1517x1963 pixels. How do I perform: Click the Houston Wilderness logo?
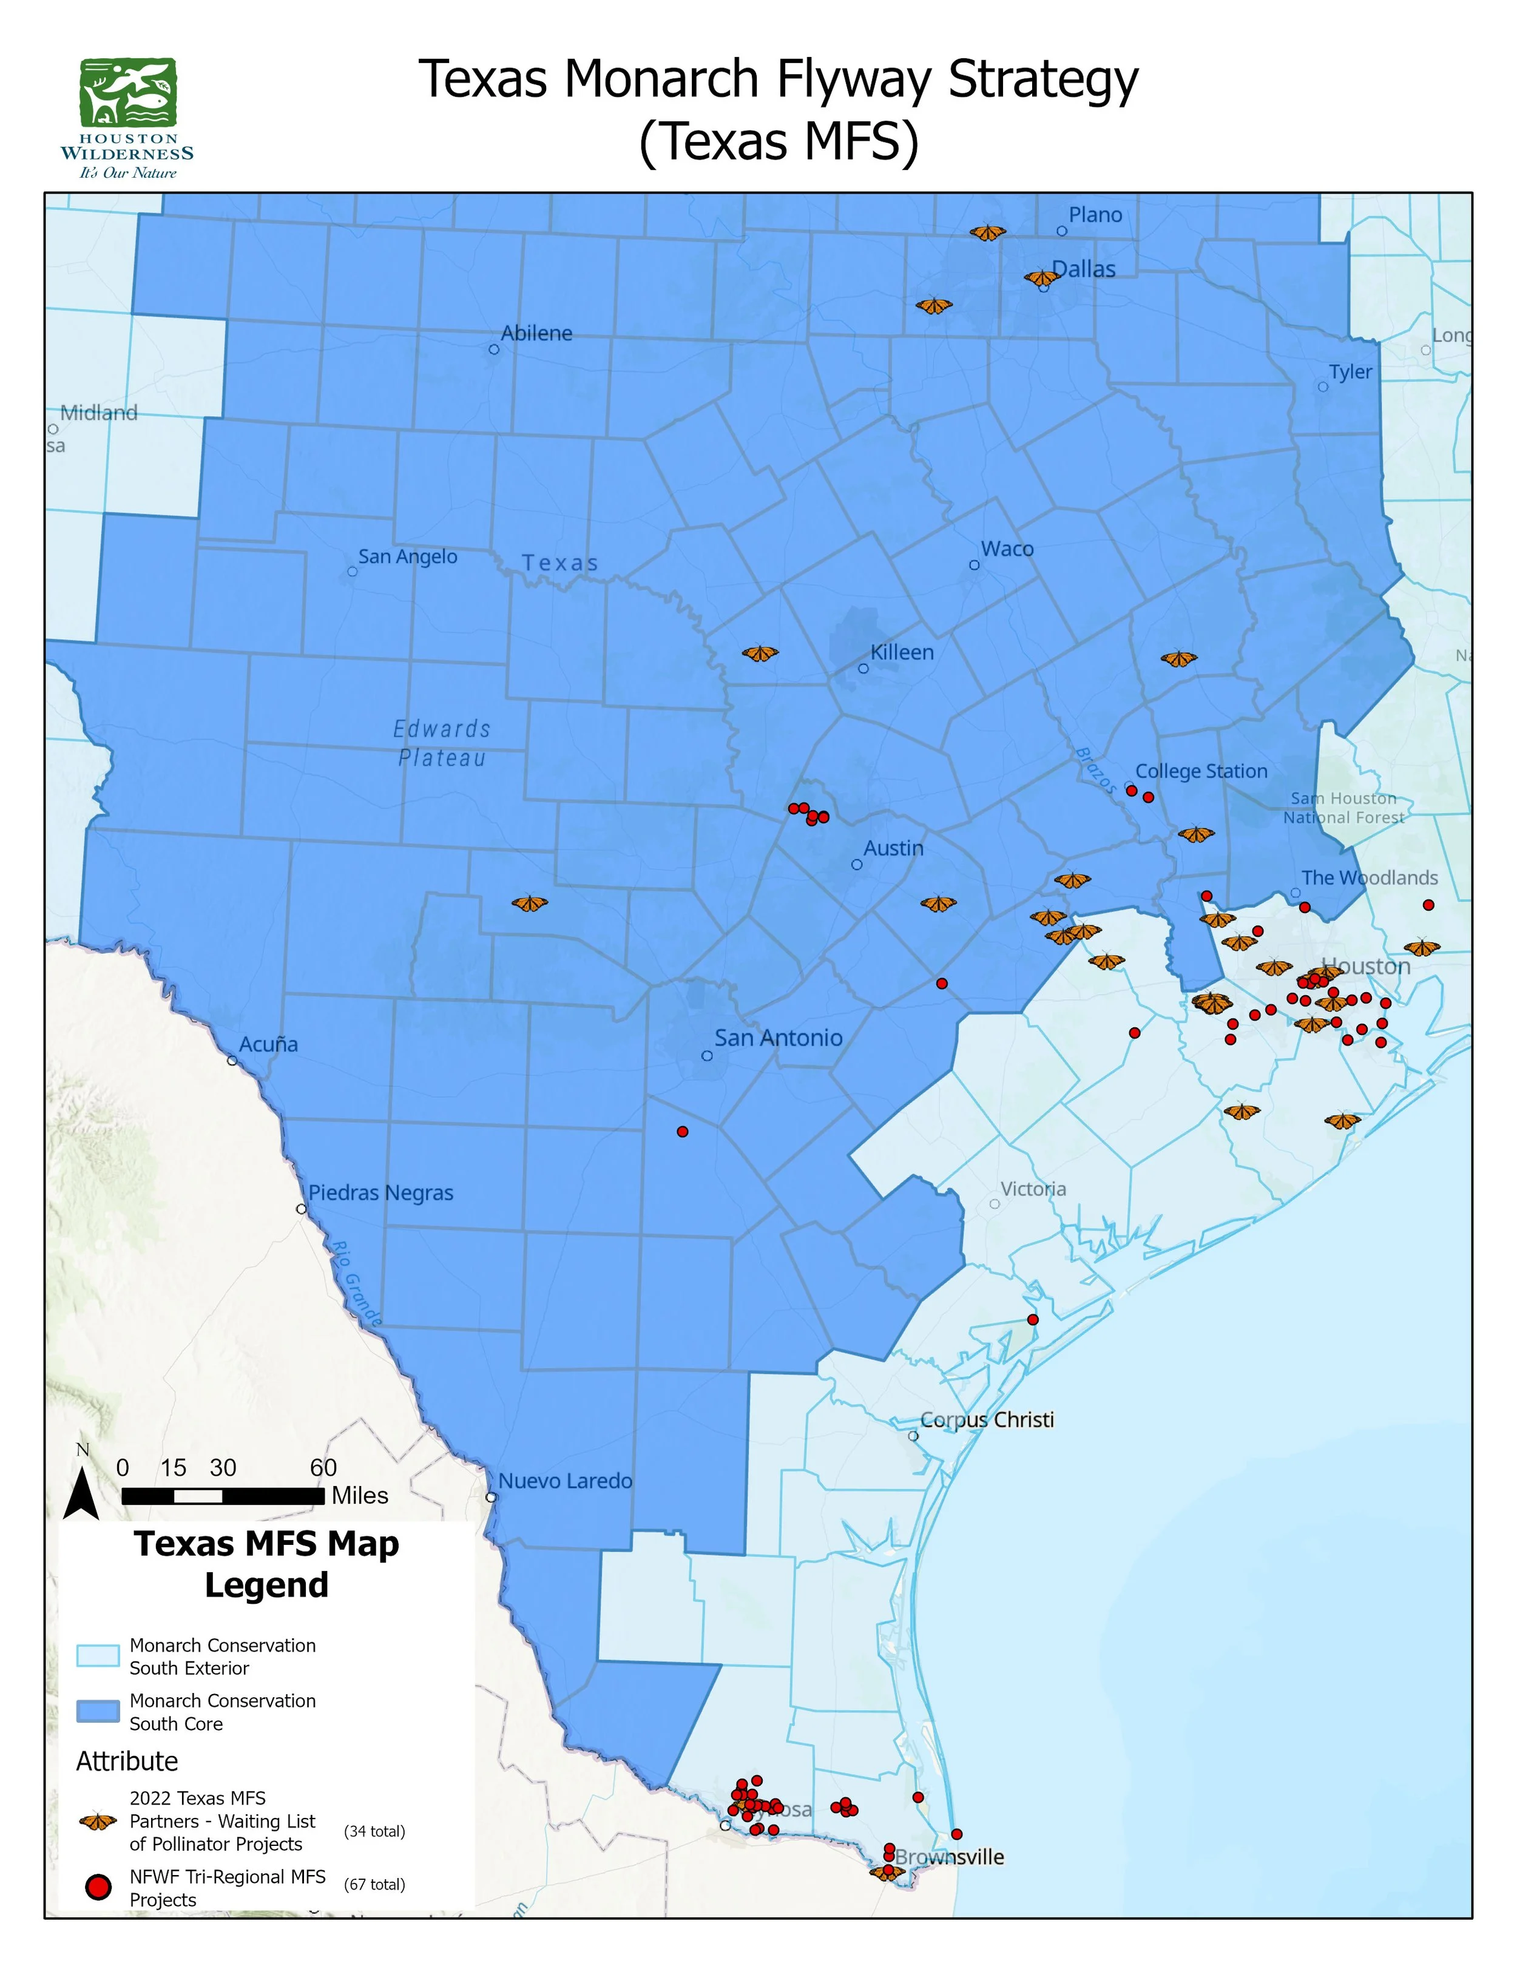click(x=127, y=118)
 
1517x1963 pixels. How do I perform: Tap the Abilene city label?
click(x=536, y=334)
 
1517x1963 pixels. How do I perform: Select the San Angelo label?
click(x=407, y=556)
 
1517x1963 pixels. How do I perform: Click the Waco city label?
click(x=1007, y=549)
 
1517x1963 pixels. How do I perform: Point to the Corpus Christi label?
click(x=987, y=1419)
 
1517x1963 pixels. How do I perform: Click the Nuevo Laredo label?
click(x=566, y=1481)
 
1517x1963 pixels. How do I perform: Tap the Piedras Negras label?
click(x=381, y=1193)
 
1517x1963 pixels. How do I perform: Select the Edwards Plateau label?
click(x=442, y=743)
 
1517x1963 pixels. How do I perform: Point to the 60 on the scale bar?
click(x=323, y=1468)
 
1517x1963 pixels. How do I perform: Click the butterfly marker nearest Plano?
click(x=988, y=233)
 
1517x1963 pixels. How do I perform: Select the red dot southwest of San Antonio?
click(x=682, y=1132)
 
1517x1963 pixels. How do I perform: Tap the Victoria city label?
click(x=1033, y=1189)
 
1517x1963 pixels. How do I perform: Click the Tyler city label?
click(x=1350, y=372)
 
